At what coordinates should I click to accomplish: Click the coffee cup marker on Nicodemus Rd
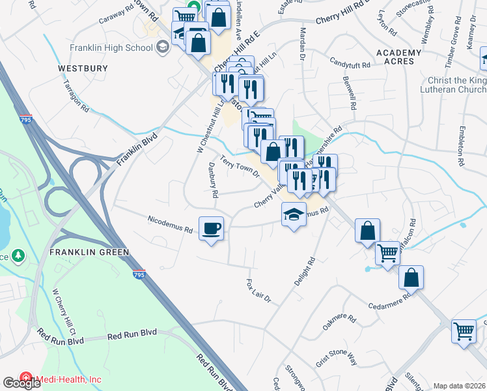(x=211, y=229)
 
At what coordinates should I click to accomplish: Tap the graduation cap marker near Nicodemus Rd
(x=294, y=214)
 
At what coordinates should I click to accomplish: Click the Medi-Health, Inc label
(x=68, y=379)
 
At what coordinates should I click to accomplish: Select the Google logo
(x=21, y=383)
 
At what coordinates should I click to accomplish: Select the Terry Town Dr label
(x=240, y=166)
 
